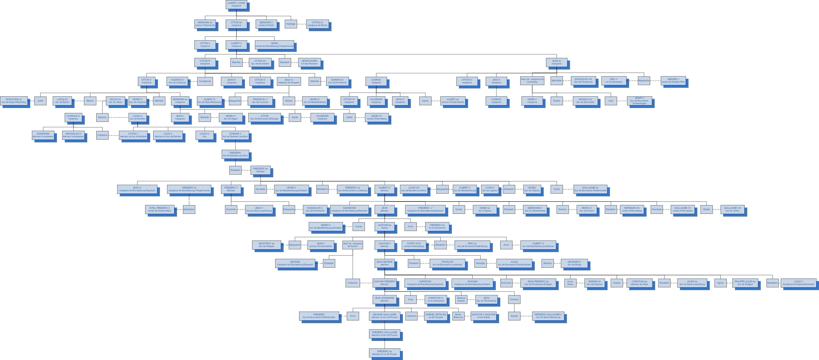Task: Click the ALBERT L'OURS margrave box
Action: click(x=236, y=4)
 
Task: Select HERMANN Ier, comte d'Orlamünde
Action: click(x=205, y=24)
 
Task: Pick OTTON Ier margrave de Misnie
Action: click(x=317, y=24)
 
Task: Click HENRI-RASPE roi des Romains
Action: click(x=309, y=62)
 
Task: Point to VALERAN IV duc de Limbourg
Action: click(x=177, y=81)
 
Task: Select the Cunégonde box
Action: click(x=205, y=81)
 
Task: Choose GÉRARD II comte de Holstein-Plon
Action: click(x=673, y=80)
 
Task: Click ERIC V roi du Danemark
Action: click(x=614, y=80)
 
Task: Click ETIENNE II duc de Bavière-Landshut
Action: click(x=235, y=135)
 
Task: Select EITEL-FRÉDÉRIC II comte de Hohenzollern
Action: click(x=160, y=209)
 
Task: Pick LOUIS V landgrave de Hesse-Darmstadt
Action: click(x=798, y=283)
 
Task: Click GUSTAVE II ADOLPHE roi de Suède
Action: click(x=483, y=316)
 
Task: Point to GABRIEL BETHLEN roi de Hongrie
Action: click(x=436, y=316)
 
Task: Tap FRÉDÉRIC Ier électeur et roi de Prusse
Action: click(x=384, y=353)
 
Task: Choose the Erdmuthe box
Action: click(x=506, y=283)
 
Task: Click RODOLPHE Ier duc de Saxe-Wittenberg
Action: click(x=14, y=101)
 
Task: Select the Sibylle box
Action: click(x=706, y=209)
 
